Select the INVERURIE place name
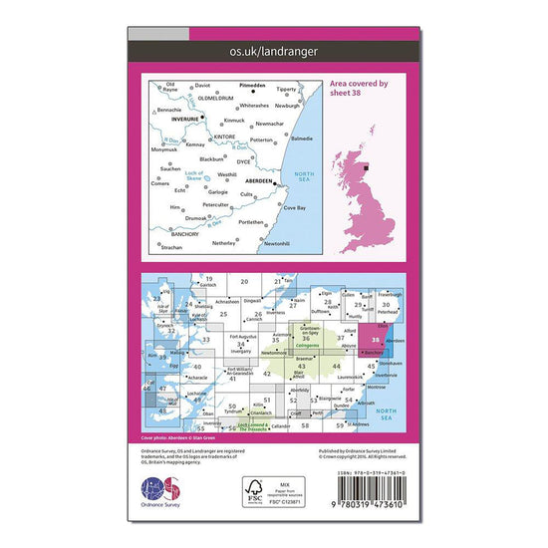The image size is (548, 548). (x=186, y=118)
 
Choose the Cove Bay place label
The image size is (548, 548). (x=295, y=207)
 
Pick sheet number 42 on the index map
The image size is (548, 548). (x=267, y=374)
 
